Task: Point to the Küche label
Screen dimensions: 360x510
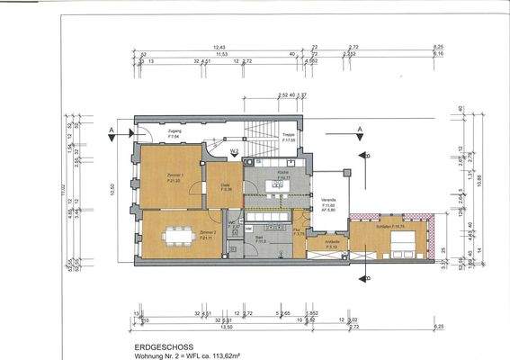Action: (x=282, y=171)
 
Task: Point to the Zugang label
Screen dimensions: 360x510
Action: (x=174, y=132)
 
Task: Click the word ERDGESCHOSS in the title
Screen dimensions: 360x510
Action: (x=150, y=345)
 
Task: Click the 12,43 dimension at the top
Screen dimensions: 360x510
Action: (x=218, y=45)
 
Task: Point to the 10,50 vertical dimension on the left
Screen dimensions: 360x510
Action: (x=112, y=189)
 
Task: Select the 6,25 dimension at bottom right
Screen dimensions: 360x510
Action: (x=437, y=328)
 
